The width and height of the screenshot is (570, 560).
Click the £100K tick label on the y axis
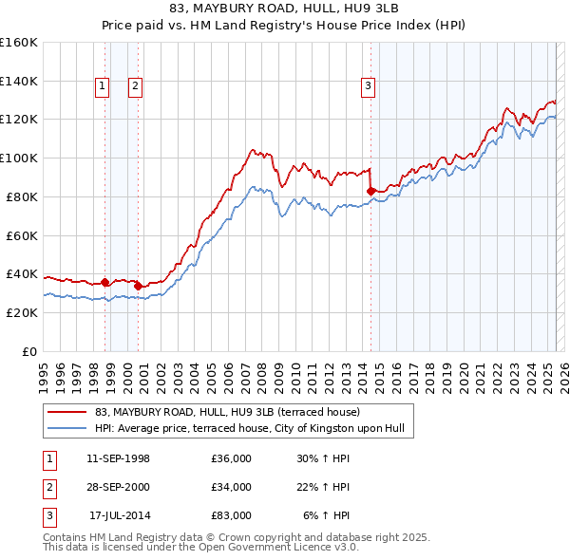[x=18, y=158]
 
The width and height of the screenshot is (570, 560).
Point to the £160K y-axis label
[x=18, y=43]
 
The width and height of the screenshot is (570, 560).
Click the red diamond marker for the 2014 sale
[x=370, y=191]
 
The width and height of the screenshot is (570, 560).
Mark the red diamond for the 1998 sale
[x=104, y=282]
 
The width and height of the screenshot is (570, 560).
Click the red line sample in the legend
[x=66, y=413]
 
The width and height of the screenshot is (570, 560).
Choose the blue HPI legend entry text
[x=250, y=428]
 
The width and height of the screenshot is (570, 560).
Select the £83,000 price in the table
[x=232, y=515]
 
